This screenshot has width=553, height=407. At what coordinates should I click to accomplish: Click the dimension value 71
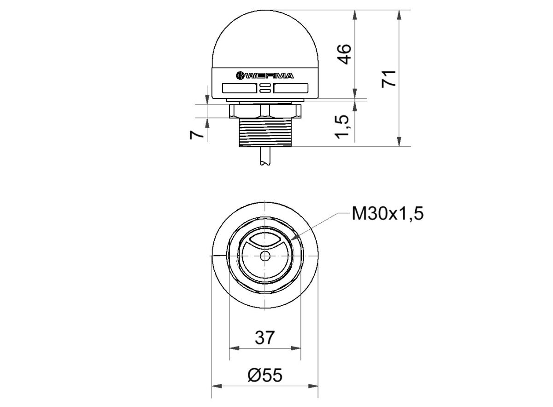pos(390,78)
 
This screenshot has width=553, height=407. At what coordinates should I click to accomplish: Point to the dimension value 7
pos(197,134)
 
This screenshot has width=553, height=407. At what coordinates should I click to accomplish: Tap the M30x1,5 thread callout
pos(387,214)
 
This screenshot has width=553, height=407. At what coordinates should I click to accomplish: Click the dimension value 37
pos(265,337)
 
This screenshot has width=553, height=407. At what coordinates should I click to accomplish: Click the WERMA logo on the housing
pos(265,76)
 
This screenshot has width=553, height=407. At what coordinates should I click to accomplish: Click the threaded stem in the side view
pos(265,133)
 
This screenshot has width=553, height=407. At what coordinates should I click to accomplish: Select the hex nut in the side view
pos(265,111)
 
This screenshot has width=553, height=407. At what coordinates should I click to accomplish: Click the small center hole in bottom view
pos(265,256)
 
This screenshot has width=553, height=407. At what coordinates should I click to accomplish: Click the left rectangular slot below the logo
pos(239,87)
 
